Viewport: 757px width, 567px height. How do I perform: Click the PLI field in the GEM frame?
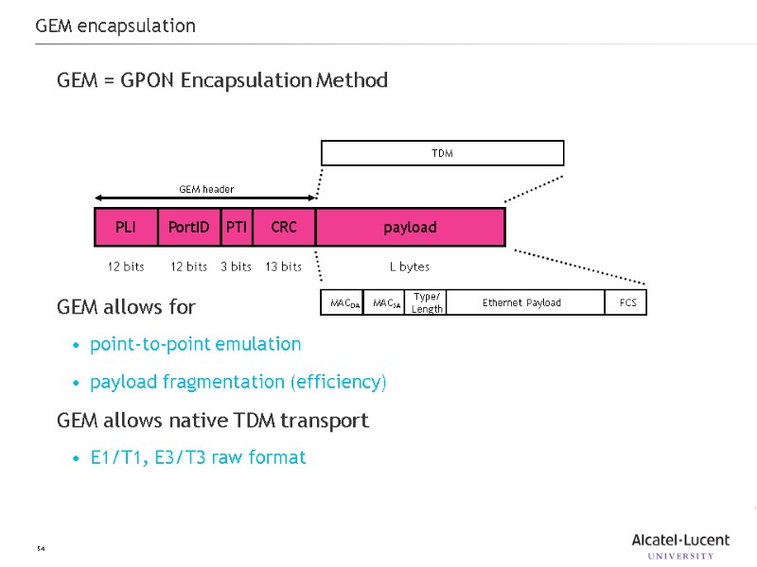tap(126, 228)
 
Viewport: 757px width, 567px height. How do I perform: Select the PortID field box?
tap(188, 228)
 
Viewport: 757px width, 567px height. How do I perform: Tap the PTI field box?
tap(237, 228)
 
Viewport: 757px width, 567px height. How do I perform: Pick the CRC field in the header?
tap(284, 228)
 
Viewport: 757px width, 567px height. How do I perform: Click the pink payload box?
tap(410, 228)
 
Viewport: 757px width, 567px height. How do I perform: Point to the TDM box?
tap(442, 153)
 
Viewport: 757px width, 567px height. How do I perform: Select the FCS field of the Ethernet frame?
tap(626, 302)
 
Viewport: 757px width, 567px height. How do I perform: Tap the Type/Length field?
tap(427, 302)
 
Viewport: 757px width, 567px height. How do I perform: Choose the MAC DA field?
tap(343, 302)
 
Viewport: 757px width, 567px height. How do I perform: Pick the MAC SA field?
tap(384, 302)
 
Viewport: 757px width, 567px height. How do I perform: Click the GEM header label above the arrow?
tap(206, 190)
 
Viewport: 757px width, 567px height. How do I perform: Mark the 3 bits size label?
tap(236, 266)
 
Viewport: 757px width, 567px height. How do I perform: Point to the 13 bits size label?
tap(283, 266)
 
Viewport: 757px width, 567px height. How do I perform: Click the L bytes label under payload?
tap(410, 266)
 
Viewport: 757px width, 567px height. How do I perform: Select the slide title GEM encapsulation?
tap(115, 26)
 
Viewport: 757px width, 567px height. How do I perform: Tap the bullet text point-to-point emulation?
tap(195, 344)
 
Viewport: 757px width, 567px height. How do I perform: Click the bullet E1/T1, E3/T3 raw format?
tap(198, 457)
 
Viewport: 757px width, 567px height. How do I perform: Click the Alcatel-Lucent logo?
tap(680, 545)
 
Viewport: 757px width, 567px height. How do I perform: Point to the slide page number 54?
tap(41, 549)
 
